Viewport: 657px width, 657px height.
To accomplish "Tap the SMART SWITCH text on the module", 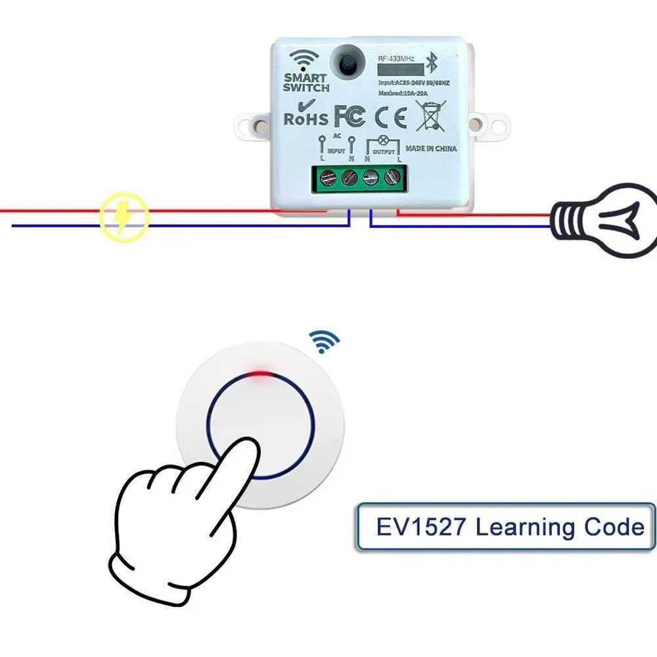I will click(306, 83).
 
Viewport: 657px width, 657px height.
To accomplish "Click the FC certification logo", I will click(350, 116).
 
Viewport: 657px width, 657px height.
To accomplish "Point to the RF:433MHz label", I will click(396, 59).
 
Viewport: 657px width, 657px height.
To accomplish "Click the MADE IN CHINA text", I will click(431, 148).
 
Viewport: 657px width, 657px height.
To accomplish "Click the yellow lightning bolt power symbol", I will click(124, 217).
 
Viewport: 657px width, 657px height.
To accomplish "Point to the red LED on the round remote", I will click(261, 375).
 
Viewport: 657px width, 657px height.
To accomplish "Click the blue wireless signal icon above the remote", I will click(325, 341).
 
